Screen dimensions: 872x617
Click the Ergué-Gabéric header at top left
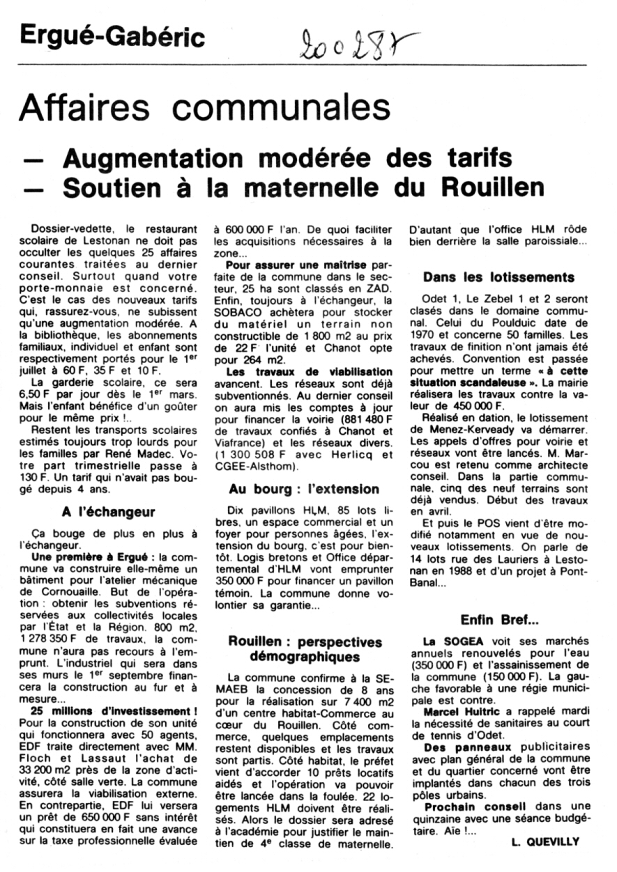112,36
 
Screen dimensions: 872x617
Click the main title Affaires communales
204,108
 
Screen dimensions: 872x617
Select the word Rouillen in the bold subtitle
487,186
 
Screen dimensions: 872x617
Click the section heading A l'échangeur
108,512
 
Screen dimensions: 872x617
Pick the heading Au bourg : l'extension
304,489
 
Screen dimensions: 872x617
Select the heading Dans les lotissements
498,277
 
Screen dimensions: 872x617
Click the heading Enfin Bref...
498,620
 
